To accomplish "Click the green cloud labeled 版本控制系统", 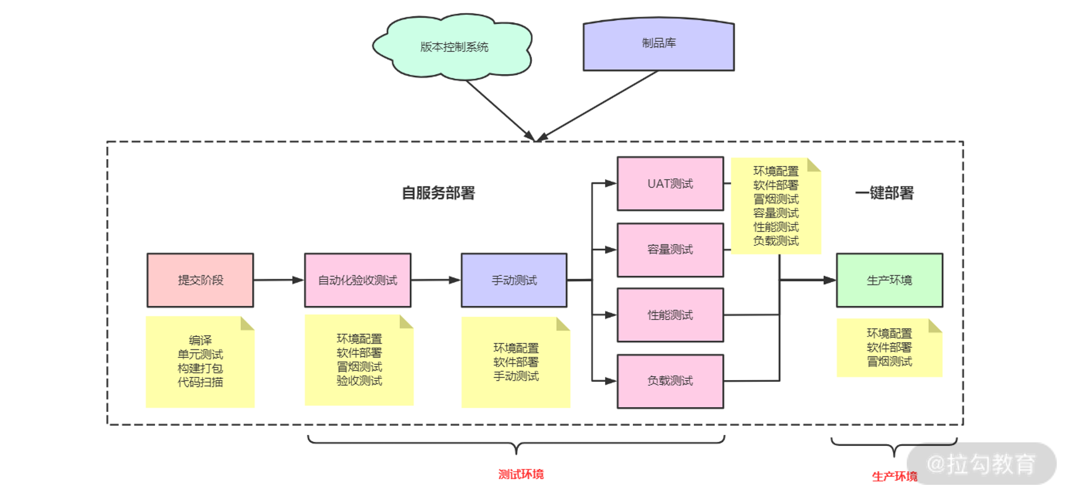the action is tap(453, 46).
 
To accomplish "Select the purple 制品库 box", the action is tap(659, 44).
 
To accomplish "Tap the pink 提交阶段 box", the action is tap(200, 280).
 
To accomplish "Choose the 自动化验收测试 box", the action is tap(358, 280).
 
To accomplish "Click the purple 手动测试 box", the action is tap(514, 280).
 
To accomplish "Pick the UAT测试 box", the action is tap(670, 184).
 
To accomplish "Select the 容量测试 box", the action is tap(670, 250).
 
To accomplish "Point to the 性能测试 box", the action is tap(670, 315).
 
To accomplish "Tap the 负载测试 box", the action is tap(670, 381).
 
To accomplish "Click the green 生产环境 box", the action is tap(890, 280).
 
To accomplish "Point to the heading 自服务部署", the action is tap(439, 193).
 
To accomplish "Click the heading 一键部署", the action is tap(885, 193).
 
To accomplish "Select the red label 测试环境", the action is tap(521, 475).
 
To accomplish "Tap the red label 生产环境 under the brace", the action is tap(894, 477).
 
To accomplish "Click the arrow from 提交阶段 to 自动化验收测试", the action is tap(279, 280).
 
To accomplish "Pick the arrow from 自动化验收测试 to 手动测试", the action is tap(436, 280).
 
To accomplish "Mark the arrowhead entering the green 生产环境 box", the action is tap(830, 280).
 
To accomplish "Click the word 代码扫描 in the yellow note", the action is tap(200, 382).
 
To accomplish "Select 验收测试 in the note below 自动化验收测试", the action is tap(359, 381).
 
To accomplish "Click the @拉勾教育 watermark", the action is tap(981, 464).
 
